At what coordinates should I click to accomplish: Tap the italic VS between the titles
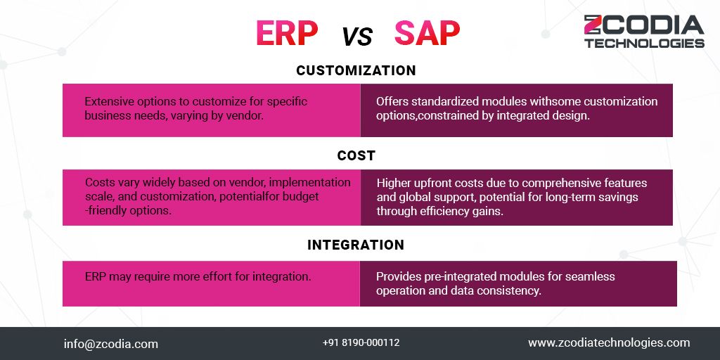357,36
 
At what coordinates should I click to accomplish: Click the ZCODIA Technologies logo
643,31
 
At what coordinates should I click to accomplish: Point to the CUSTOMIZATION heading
356,71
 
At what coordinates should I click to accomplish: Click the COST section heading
356,155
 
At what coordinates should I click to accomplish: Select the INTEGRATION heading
356,245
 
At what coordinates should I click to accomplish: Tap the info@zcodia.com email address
111,344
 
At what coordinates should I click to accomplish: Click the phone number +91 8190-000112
361,343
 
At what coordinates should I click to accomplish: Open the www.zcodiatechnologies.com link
609,343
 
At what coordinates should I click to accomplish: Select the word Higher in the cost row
394,183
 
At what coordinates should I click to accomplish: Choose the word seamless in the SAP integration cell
590,276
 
